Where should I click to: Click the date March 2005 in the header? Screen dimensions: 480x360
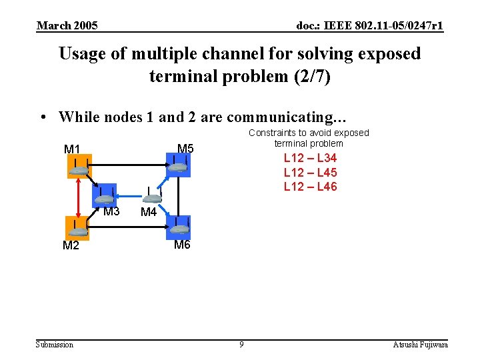pyautogui.click(x=67, y=26)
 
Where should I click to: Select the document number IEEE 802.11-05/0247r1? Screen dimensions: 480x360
pyautogui.click(x=370, y=26)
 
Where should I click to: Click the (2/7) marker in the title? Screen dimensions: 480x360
pyautogui.click(x=312, y=76)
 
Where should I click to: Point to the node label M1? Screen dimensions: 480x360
pyautogui.click(x=72, y=149)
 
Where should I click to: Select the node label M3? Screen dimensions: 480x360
pyautogui.click(x=111, y=212)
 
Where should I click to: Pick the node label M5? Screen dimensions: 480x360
pyautogui.click(x=185, y=148)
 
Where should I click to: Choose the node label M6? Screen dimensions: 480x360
pyautogui.click(x=182, y=245)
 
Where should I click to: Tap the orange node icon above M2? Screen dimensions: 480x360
pyautogui.click(x=78, y=228)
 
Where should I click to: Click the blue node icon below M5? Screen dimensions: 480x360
pyautogui.click(x=179, y=165)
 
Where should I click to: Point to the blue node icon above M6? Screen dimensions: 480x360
pyautogui.click(x=179, y=227)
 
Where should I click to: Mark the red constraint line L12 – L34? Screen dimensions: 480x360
pyautogui.click(x=310, y=159)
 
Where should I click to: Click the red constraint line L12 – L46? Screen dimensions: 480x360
pyautogui.click(x=310, y=187)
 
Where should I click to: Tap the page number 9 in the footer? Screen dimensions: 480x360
pyautogui.click(x=241, y=345)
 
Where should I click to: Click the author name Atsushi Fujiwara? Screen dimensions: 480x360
pyautogui.click(x=420, y=345)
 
